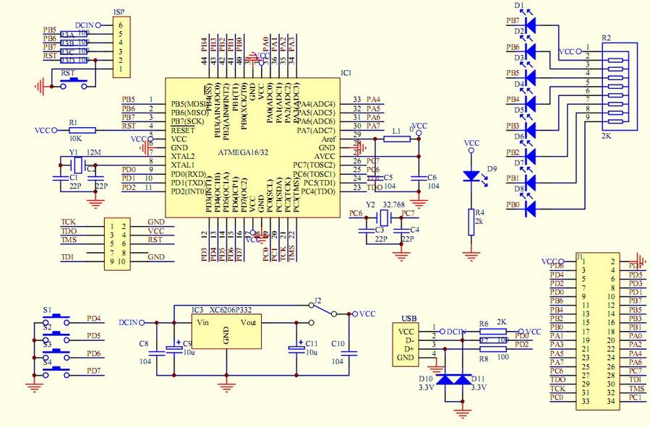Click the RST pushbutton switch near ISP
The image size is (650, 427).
[70, 83]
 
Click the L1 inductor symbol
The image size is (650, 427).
[396, 139]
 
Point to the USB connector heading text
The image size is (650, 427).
[409, 318]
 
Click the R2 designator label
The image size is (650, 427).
[606, 38]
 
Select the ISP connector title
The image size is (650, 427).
[120, 12]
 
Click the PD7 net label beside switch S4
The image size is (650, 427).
[94, 371]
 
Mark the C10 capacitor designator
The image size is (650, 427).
[336, 343]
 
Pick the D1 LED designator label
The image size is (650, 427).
[518, 6]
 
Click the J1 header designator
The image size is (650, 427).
[581, 256]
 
